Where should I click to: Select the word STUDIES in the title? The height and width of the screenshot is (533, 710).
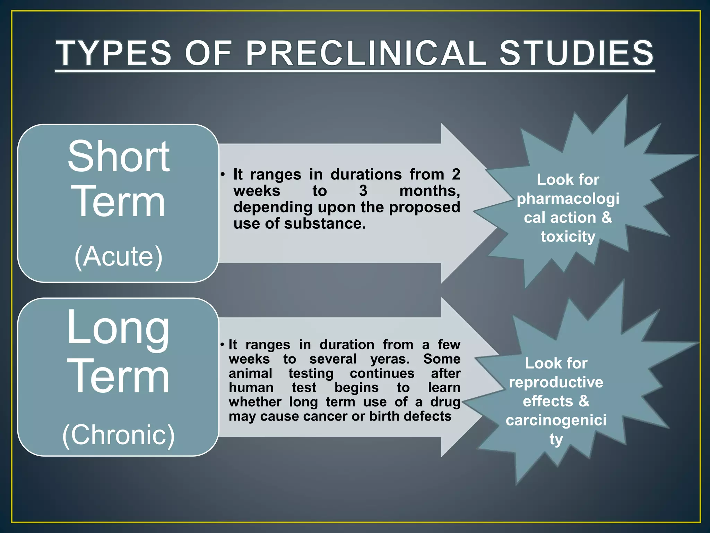pyautogui.click(x=576, y=53)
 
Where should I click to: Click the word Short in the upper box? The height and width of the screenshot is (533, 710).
pyautogui.click(x=119, y=156)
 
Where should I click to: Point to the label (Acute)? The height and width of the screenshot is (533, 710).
pyautogui.click(x=119, y=256)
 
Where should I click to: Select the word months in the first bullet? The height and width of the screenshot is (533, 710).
pyautogui.click(x=430, y=191)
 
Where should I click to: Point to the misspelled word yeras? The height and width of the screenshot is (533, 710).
pyautogui.click(x=390, y=359)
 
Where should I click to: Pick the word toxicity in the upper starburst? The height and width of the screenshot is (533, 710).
pyautogui.click(x=568, y=237)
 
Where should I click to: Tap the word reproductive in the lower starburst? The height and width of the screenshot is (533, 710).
pyautogui.click(x=556, y=382)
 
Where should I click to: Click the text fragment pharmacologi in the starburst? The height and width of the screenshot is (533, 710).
pyautogui.click(x=568, y=199)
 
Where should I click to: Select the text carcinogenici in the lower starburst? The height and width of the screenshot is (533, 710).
pyautogui.click(x=556, y=420)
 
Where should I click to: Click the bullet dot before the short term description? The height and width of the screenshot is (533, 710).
pyautogui.click(x=223, y=174)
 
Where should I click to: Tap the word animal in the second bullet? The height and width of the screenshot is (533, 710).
pyautogui.click(x=250, y=373)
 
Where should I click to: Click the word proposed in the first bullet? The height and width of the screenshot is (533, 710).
pyautogui.click(x=424, y=207)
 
